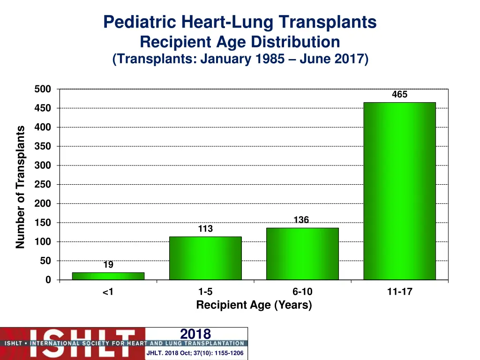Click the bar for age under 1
[108, 276]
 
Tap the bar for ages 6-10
[302, 254]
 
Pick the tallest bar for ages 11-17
[399, 191]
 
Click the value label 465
[399, 95]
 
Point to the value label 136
[301, 220]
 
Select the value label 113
[205, 229]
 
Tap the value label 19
[108, 265]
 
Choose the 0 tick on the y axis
[48, 280]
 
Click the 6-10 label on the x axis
[302, 292]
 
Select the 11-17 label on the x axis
[399, 292]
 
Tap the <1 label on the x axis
[108, 292]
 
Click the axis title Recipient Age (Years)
[254, 305]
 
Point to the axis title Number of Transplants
[20, 187]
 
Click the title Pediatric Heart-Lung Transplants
[240, 22]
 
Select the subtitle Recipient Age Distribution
[240, 42]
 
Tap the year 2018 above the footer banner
[195, 334]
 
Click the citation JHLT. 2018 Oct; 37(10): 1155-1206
[195, 353]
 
